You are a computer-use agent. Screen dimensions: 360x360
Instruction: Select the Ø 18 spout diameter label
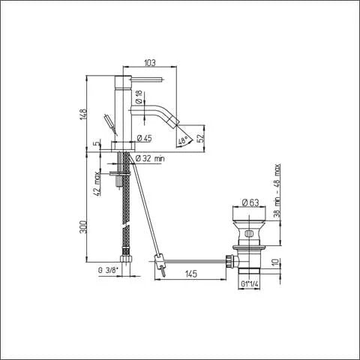(139, 97)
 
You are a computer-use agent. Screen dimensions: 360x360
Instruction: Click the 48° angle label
(181, 139)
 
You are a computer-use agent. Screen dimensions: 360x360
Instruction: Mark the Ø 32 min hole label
(154, 157)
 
